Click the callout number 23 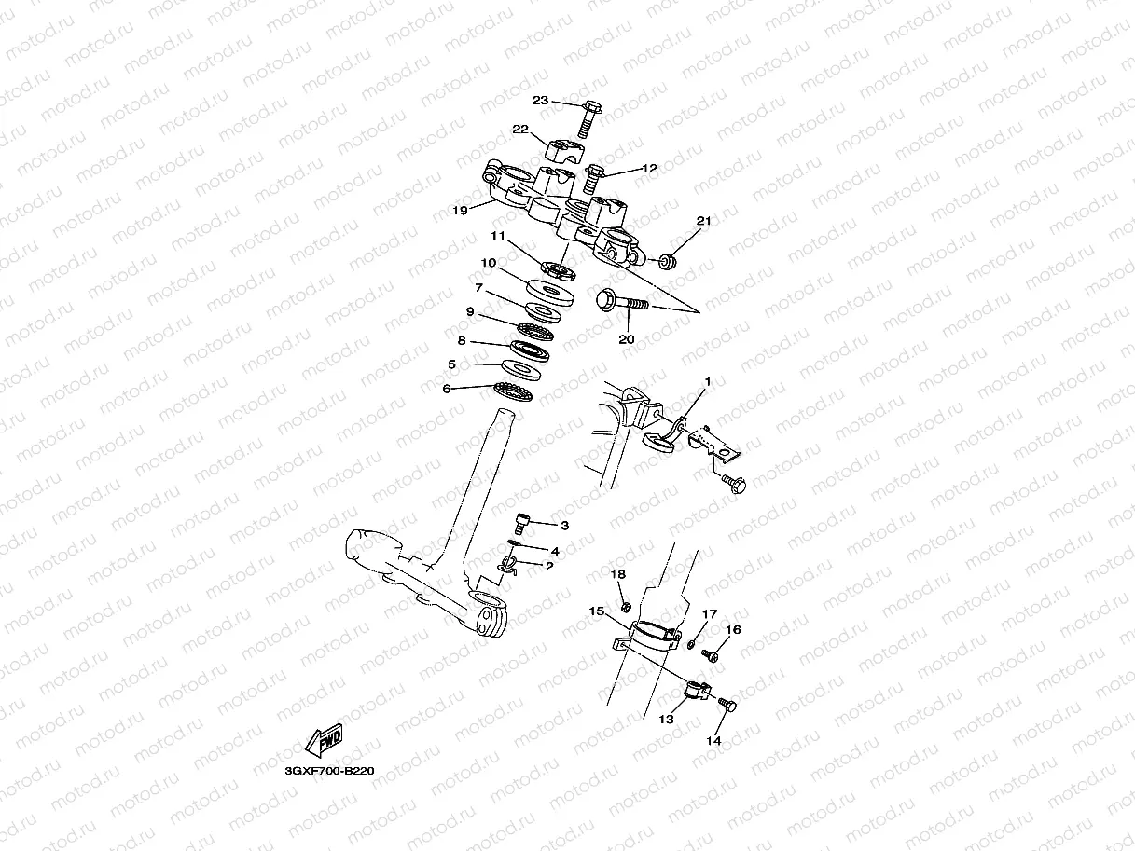pos(541,101)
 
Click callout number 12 pos(650,169)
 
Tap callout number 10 pos(489,263)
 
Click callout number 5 pos(451,364)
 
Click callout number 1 pos(708,381)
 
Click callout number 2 pos(549,566)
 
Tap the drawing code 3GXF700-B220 pos(329,771)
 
